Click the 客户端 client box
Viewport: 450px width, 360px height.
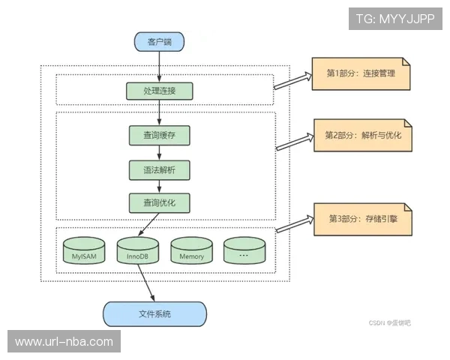[159, 41]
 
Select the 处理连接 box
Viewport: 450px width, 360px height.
[159, 91]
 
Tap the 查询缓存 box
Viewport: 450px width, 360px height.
[159, 135]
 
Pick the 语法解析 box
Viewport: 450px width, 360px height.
[159, 169]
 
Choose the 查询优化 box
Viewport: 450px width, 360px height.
[159, 202]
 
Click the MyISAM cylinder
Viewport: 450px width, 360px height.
[84, 251]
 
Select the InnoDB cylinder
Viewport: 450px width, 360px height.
[138, 251]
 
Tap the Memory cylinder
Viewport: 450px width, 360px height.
[191, 251]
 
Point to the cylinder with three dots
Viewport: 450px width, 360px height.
[243, 251]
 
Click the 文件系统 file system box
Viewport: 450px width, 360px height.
[154, 313]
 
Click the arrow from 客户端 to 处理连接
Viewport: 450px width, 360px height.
[159, 67]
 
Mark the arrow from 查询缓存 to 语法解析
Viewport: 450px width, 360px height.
[159, 153]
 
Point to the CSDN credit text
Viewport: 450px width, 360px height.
[389, 323]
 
